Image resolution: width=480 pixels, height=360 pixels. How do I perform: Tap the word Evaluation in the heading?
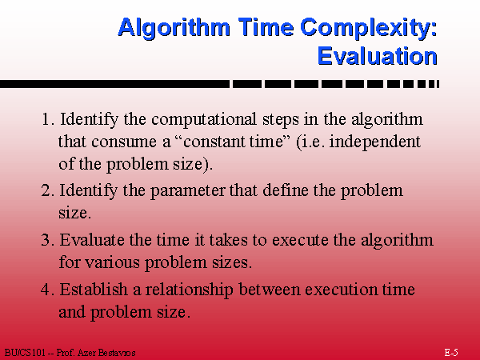point(377,56)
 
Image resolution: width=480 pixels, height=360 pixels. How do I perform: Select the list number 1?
point(47,119)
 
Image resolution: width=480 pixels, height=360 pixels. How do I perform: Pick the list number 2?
point(47,190)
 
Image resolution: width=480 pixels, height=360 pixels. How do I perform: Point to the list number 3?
point(47,240)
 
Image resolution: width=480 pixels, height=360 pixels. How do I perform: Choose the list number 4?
point(47,290)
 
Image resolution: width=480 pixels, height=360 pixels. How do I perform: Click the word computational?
point(204,120)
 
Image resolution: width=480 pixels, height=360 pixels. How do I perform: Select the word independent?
point(374,142)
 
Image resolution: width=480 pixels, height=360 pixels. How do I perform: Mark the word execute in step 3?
point(300,240)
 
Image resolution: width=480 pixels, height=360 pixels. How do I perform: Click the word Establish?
point(94,290)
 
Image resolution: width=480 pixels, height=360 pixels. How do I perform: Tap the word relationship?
point(189,290)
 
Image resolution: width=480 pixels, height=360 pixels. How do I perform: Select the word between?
point(270,290)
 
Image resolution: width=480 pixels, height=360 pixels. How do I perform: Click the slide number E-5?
point(451,352)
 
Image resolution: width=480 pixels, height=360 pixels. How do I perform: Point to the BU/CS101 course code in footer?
point(25,353)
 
